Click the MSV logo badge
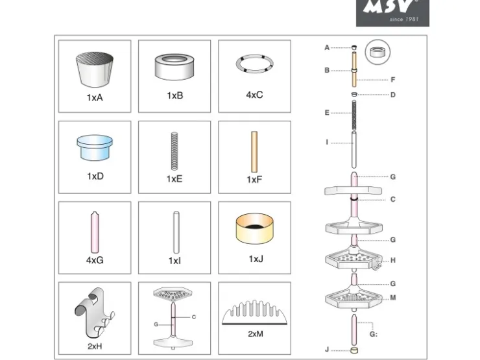click(x=392, y=13)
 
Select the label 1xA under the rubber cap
click(x=95, y=98)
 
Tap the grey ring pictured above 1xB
click(x=174, y=67)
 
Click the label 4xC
click(x=254, y=95)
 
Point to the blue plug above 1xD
click(x=95, y=147)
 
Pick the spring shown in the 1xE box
click(x=174, y=151)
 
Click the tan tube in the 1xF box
click(x=254, y=152)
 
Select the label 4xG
click(x=95, y=260)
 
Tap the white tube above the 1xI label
click(x=176, y=232)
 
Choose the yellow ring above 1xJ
click(x=254, y=229)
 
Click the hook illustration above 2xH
click(x=95, y=313)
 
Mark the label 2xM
click(x=256, y=334)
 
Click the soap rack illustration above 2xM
click(x=254, y=312)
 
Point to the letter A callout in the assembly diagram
click(x=327, y=48)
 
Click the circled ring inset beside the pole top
click(x=378, y=52)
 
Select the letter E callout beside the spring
click(x=327, y=113)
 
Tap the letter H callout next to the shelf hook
click(x=393, y=261)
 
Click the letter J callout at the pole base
click(x=327, y=350)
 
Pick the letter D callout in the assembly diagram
click(x=393, y=95)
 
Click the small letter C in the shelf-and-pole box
click(x=194, y=317)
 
